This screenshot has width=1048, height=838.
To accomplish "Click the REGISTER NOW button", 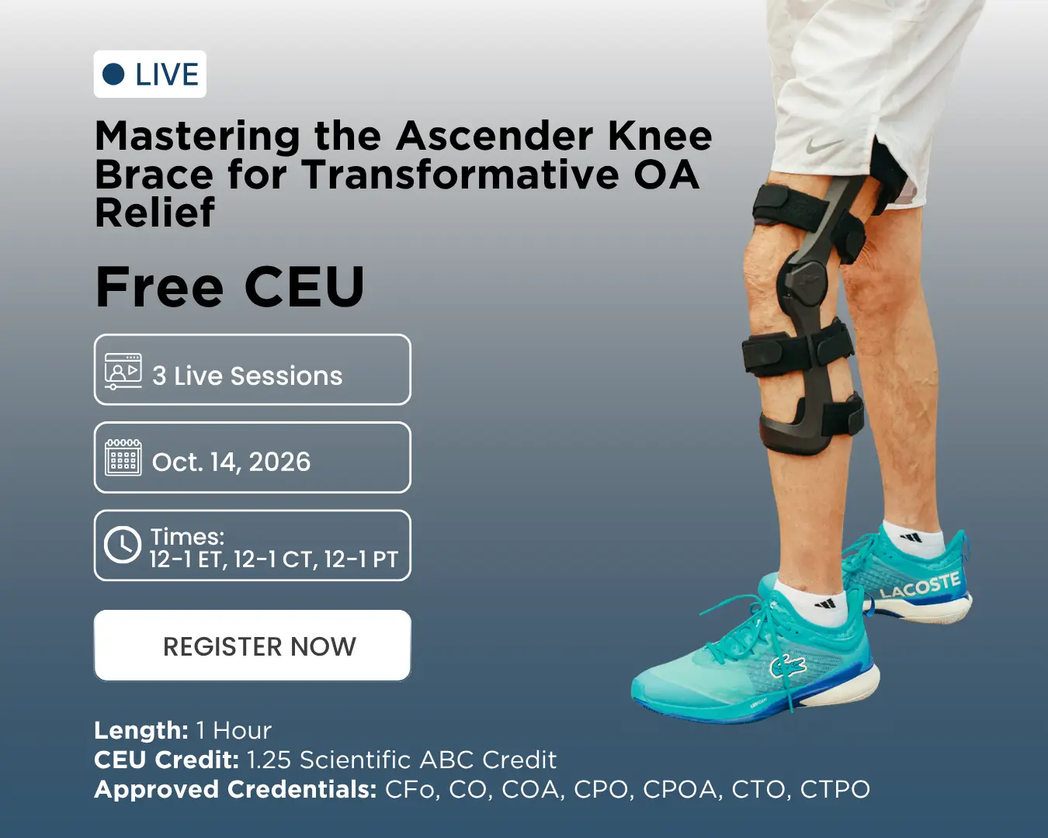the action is point(252,645).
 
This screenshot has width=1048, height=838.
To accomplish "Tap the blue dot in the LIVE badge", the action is point(113,74).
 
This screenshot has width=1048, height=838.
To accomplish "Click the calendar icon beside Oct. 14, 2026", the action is point(123,457).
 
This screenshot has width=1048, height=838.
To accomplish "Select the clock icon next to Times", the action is point(122,545).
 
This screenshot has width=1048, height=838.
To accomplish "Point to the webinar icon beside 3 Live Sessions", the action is point(123,371).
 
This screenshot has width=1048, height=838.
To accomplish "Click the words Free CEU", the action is point(229,287).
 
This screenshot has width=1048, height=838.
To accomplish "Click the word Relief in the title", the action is point(154,212).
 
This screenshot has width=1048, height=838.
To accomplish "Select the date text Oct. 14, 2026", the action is point(231,462).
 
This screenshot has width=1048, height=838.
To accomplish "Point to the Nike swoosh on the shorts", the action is point(822,144).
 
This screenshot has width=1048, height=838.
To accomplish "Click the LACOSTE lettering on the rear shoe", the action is point(919,585).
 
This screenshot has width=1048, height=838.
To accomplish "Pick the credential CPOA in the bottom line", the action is point(680,789).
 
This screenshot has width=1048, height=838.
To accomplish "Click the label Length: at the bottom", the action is point(141,730).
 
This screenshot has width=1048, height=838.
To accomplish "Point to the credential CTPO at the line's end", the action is point(835,789).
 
